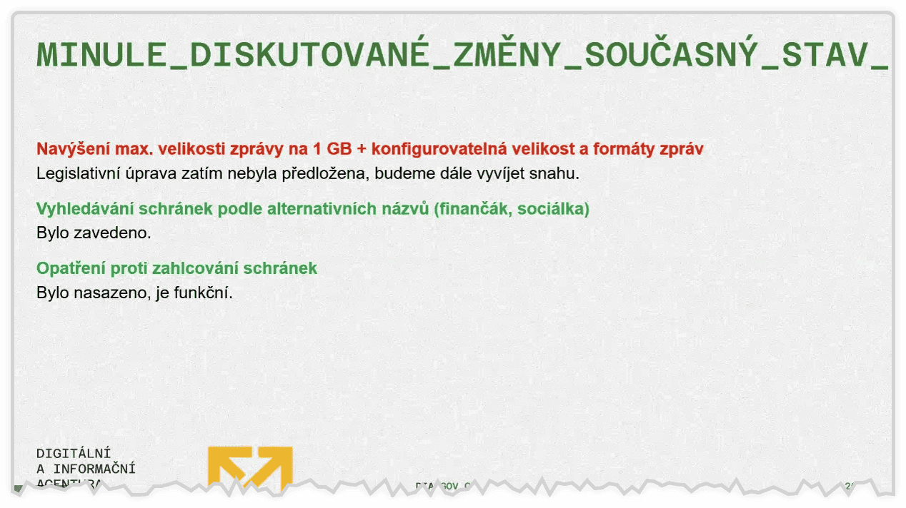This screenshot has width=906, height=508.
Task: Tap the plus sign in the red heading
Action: pyautogui.click(x=362, y=150)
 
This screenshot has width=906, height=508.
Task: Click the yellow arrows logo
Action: pyautogui.click(x=250, y=467)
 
